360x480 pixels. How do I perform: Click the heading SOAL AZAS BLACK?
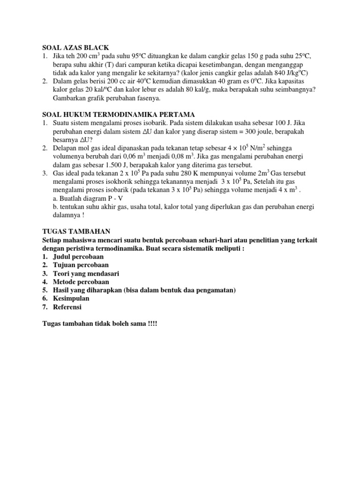[75, 47]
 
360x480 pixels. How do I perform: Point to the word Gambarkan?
[72, 98]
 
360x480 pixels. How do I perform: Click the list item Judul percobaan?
[78, 256]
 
